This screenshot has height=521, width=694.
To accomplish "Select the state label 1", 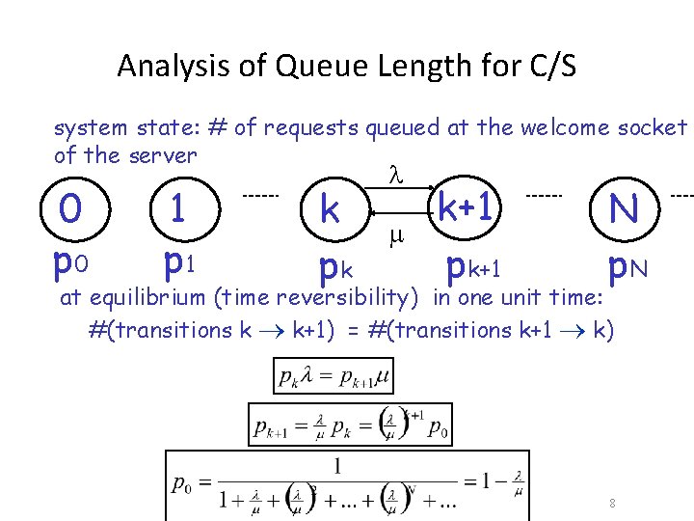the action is click(x=177, y=207).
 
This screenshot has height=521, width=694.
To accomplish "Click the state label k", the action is click(x=330, y=208).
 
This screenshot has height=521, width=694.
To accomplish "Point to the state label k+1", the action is click(x=467, y=206).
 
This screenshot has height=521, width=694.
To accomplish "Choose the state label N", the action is click(x=625, y=207).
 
